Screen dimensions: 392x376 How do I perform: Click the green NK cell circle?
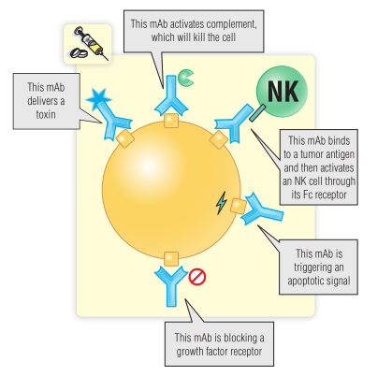[282, 92]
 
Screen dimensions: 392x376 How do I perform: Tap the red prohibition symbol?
[197, 277]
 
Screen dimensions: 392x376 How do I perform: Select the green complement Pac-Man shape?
[185, 78]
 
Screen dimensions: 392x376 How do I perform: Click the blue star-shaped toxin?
[98, 98]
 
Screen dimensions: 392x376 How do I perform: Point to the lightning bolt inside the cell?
[221, 203]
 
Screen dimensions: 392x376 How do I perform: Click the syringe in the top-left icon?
[91, 42]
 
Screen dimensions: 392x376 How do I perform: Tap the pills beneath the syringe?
[79, 53]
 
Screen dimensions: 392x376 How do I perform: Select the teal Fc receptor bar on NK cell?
[257, 112]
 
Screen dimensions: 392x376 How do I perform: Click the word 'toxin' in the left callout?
[46, 114]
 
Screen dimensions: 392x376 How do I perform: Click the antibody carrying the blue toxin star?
[114, 120]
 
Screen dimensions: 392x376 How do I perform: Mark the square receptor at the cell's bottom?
[171, 259]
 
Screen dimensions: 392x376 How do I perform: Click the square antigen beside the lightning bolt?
[239, 206]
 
